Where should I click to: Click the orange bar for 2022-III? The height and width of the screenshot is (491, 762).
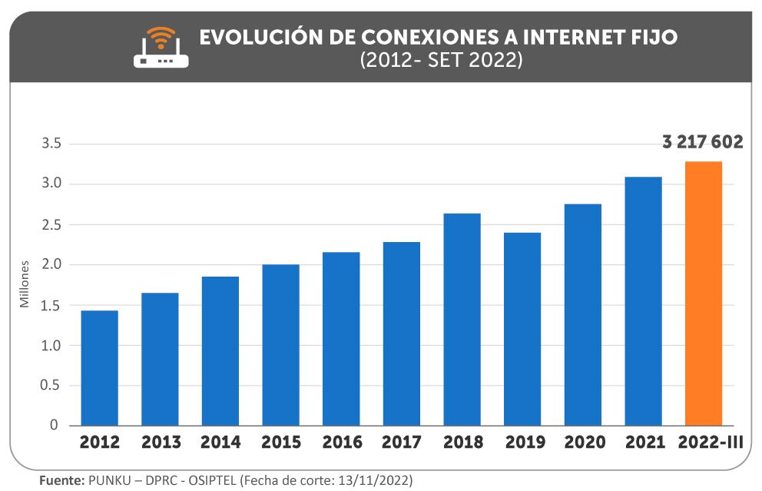pos(703,294)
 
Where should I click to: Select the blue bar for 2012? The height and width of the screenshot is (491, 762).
pos(99,368)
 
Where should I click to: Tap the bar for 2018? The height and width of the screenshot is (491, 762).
pos(462,320)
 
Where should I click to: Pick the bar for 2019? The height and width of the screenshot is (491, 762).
pos(522,329)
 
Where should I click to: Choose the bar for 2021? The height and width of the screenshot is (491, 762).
pos(643,301)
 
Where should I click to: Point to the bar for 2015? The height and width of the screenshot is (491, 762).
pos(280,345)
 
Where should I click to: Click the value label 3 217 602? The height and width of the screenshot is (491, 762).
pos(702,142)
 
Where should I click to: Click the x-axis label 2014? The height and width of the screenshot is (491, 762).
pos(220,443)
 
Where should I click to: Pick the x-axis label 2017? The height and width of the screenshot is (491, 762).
pos(402,443)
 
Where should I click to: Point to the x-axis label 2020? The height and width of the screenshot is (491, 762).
pos(584,443)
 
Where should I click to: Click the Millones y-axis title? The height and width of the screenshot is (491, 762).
pos(25,284)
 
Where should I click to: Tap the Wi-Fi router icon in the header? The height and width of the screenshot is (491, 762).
pos(161,48)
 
